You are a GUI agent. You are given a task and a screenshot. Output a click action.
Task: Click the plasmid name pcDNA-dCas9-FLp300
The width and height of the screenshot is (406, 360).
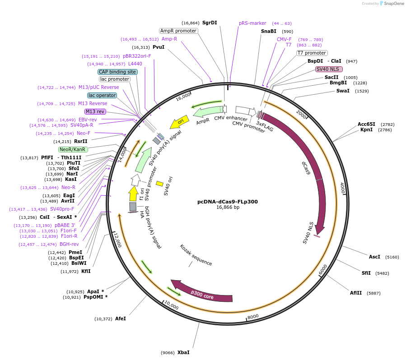point(228,202)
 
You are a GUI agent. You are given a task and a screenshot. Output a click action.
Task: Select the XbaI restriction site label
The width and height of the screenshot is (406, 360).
point(183,352)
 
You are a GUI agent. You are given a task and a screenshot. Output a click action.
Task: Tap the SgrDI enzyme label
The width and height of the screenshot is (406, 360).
point(210,23)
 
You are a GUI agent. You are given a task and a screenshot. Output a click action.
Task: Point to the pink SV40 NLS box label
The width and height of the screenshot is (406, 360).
point(329,69)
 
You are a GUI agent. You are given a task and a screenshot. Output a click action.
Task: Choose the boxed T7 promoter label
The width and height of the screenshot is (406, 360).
point(312,53)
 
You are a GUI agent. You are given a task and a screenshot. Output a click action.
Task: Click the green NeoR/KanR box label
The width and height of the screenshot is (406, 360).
point(73,149)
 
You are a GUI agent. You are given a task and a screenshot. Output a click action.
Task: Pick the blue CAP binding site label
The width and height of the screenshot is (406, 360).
point(117,72)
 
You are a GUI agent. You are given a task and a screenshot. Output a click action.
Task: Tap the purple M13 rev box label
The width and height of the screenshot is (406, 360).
point(95,111)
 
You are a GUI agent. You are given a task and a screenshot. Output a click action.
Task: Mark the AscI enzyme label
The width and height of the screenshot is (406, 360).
point(374,257)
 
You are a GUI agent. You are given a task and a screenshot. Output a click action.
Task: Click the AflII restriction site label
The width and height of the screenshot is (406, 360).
point(356,293)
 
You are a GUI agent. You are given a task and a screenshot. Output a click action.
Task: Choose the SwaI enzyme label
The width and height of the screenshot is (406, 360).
point(343,91)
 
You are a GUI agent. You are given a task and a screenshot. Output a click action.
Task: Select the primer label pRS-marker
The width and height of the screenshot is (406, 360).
point(252,23)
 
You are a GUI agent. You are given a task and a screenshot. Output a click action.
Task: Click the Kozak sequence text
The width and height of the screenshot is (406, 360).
point(196,255)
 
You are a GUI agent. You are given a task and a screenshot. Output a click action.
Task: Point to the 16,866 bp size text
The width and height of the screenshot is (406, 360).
point(228,208)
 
